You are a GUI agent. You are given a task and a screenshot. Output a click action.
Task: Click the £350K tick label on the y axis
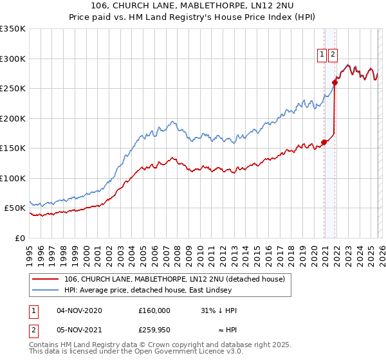pos(13,29)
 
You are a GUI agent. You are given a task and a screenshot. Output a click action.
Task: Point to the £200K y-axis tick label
pos(13,118)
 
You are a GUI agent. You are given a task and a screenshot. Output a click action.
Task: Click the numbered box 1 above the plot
pos(322,55)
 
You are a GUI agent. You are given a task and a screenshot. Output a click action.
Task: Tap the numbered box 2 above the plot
pos(333,55)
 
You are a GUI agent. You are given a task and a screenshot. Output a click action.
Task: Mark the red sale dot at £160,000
pos(324,142)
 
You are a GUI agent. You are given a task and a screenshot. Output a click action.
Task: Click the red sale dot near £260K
pos(335,82)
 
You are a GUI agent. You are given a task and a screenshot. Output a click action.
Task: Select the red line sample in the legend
pos(46,278)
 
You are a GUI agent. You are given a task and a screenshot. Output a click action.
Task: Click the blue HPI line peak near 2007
pos(172,121)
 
